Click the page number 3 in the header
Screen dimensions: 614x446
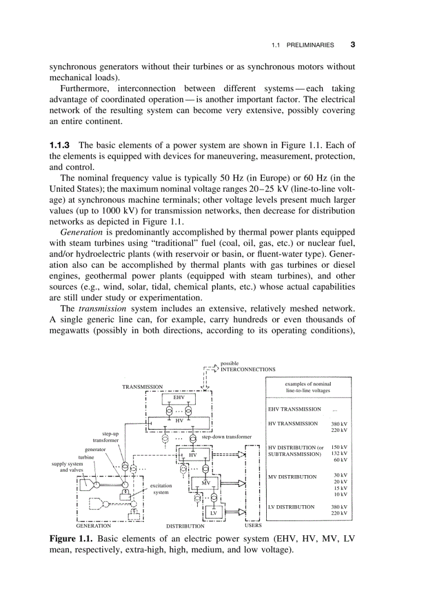[x=353, y=45]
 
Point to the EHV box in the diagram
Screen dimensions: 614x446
[x=179, y=397]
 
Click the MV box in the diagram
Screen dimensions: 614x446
[x=206, y=483]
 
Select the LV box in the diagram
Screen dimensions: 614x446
[x=214, y=513]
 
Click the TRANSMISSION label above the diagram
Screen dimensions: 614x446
[x=142, y=387]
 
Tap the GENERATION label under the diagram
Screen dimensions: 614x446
[x=93, y=525]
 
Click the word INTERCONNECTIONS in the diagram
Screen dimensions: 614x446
[x=248, y=369]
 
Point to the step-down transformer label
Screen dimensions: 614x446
[x=226, y=437]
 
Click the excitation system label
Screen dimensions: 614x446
[x=161, y=489]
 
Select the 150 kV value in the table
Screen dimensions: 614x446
[x=339, y=447]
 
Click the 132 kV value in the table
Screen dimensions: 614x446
[x=339, y=453]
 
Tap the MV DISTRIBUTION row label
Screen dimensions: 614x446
[x=292, y=477]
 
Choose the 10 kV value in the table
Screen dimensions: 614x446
[x=341, y=494]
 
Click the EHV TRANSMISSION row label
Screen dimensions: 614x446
[x=294, y=409]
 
